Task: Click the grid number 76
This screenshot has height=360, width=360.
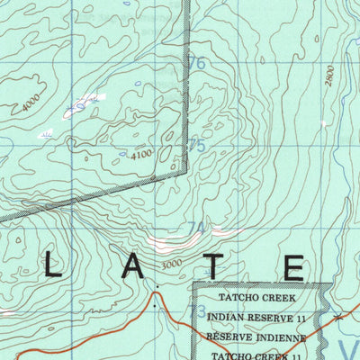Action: point(196,64)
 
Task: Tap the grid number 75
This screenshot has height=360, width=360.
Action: point(196,145)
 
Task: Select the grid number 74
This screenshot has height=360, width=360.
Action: point(196,229)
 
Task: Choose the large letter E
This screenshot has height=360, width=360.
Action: point(293,267)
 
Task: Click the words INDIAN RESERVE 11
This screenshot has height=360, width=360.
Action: point(256,317)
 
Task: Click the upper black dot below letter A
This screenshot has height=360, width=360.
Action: point(156,289)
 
